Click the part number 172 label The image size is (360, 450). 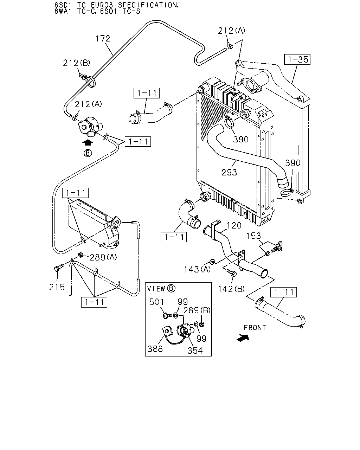(x=103, y=39)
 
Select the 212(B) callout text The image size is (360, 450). (x=77, y=63)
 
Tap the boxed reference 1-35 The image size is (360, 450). (x=297, y=59)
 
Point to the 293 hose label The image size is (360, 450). (x=229, y=173)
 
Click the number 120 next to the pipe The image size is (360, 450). (x=234, y=225)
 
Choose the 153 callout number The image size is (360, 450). (x=253, y=236)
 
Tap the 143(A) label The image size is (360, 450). (x=197, y=269)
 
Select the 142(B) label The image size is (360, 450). (x=231, y=289)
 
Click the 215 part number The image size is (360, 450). (x=57, y=287)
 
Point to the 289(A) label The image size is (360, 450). (x=103, y=257)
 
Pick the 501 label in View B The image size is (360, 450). (x=157, y=302)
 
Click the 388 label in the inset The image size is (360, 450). (x=155, y=349)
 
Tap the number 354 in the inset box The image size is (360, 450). (x=195, y=351)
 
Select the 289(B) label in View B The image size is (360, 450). (x=197, y=310)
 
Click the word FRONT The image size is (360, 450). (x=255, y=328)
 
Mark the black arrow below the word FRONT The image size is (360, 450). (x=243, y=338)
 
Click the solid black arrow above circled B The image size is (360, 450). (x=88, y=142)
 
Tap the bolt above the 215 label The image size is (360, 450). (x=59, y=268)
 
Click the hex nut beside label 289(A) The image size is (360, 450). (x=81, y=255)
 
